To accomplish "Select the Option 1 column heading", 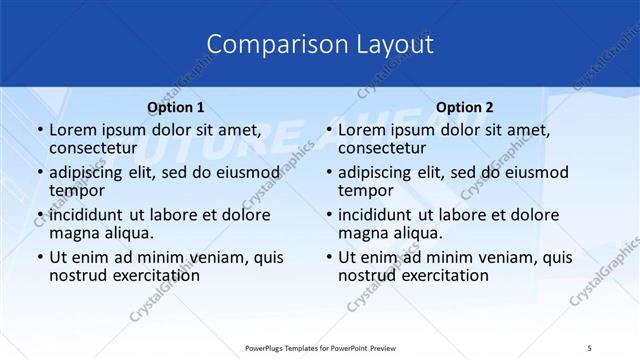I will pyautogui.click(x=176, y=107).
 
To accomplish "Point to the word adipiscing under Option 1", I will pyautogui.click(x=91, y=172).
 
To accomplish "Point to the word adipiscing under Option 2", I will pyautogui.click(x=379, y=172).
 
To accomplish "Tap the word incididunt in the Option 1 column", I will pyautogui.click(x=91, y=215).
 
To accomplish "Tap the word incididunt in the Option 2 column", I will pyautogui.click(x=379, y=215).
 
